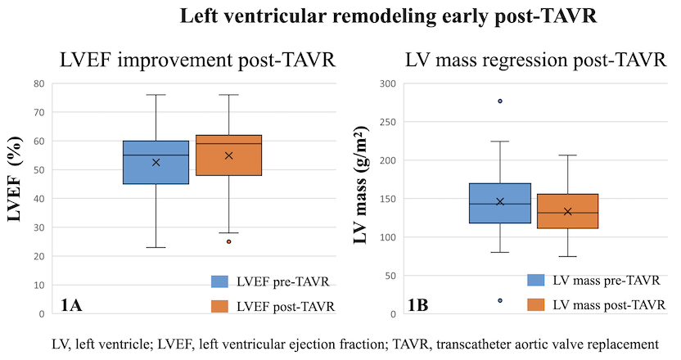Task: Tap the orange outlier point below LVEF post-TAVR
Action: [228, 241]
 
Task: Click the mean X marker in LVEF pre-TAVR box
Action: [156, 162]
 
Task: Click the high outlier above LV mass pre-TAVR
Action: [500, 101]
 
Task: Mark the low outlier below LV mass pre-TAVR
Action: [500, 300]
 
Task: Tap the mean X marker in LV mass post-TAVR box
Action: [568, 212]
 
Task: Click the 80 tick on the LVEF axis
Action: [38, 83]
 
